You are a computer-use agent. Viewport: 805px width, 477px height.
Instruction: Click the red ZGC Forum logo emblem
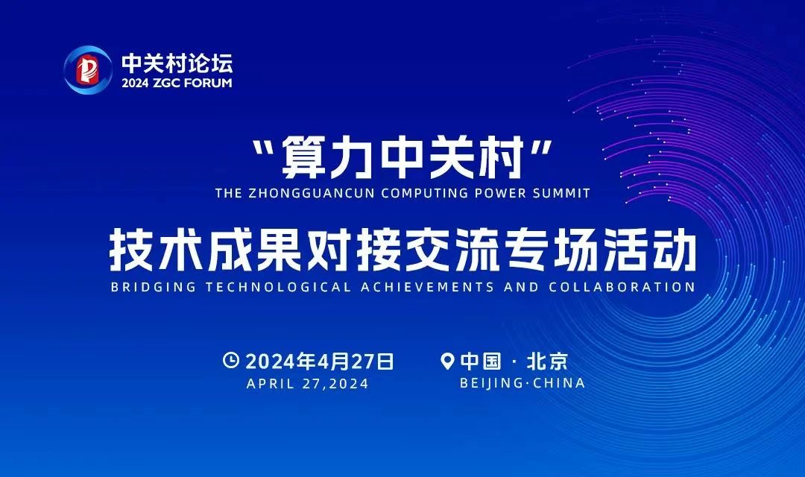(x=88, y=70)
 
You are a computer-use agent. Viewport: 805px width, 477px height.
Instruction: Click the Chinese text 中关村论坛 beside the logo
(x=177, y=63)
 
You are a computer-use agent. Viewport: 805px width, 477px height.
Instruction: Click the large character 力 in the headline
(x=352, y=156)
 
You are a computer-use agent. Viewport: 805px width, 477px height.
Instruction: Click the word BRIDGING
(x=153, y=286)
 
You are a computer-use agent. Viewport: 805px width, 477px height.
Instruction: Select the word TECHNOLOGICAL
(x=278, y=286)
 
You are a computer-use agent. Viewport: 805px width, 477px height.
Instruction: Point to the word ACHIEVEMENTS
(x=427, y=286)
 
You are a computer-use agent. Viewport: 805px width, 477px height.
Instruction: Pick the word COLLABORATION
(x=621, y=286)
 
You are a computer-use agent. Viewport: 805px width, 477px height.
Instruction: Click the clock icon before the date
(x=231, y=360)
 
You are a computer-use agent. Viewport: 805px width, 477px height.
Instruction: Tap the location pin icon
(x=448, y=361)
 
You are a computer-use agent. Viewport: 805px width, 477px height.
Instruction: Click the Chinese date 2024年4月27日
(x=319, y=361)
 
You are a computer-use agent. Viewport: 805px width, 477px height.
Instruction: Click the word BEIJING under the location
(x=490, y=383)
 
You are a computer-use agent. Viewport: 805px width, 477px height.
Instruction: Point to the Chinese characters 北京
(x=547, y=361)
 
